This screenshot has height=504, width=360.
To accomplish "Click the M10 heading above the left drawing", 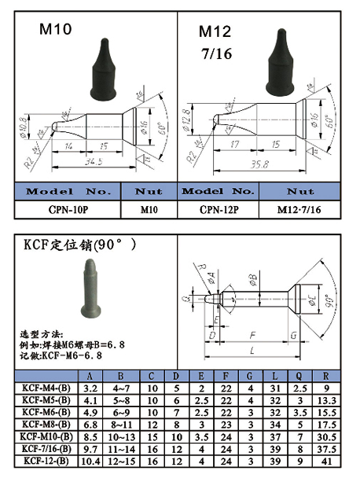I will [x=56, y=30].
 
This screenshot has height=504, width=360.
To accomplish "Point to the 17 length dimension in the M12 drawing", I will [x=234, y=145].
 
